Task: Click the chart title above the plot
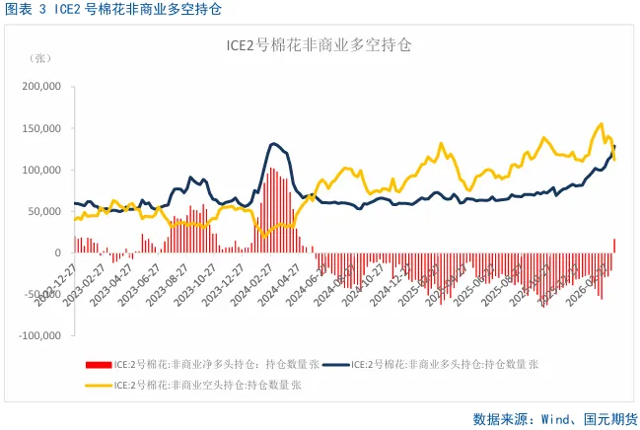[320, 45]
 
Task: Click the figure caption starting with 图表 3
[112, 11]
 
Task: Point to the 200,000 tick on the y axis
[40, 87]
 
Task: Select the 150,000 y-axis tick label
[40, 128]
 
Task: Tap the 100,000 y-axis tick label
[40, 170]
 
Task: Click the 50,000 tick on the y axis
[43, 211]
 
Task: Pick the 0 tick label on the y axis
[58, 252]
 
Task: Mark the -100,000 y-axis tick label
[38, 335]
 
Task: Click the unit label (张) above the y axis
[41, 58]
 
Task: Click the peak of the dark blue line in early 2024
[274, 144]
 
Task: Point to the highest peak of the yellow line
[601, 124]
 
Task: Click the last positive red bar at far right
[614, 245]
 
